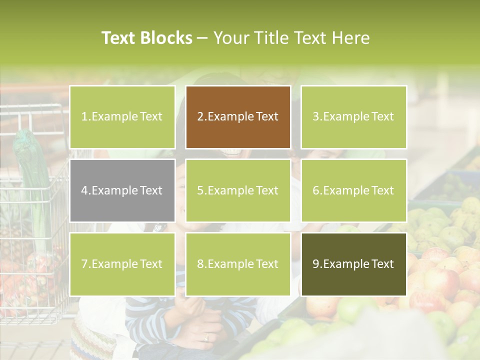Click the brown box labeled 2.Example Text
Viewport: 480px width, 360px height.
[238, 117]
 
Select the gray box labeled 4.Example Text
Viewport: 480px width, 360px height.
[122, 190]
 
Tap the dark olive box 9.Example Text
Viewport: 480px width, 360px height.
[353, 264]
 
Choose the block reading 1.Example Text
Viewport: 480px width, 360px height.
[122, 117]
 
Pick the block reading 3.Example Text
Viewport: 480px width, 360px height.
[353, 117]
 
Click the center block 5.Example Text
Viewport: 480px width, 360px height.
[238, 190]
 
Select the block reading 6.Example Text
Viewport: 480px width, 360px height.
[353, 190]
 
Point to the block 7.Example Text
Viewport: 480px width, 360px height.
[122, 264]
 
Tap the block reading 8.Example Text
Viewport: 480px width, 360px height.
[238, 264]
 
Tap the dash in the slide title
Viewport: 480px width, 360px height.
[203, 38]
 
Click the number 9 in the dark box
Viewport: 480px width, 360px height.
[316, 264]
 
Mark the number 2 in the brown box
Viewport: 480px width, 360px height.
[200, 117]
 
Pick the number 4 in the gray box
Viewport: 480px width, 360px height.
[85, 190]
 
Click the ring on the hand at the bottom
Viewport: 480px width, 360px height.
[206, 337]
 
